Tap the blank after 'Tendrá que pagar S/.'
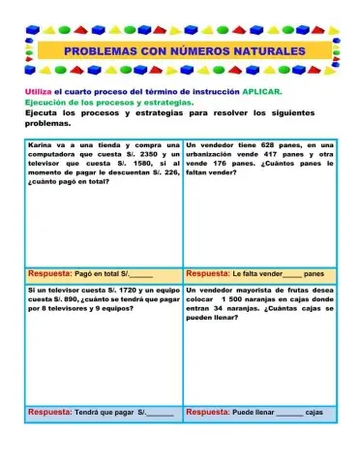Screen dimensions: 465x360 [161, 413]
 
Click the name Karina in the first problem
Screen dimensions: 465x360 [40, 143]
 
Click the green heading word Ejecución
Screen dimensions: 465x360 [45, 102]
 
